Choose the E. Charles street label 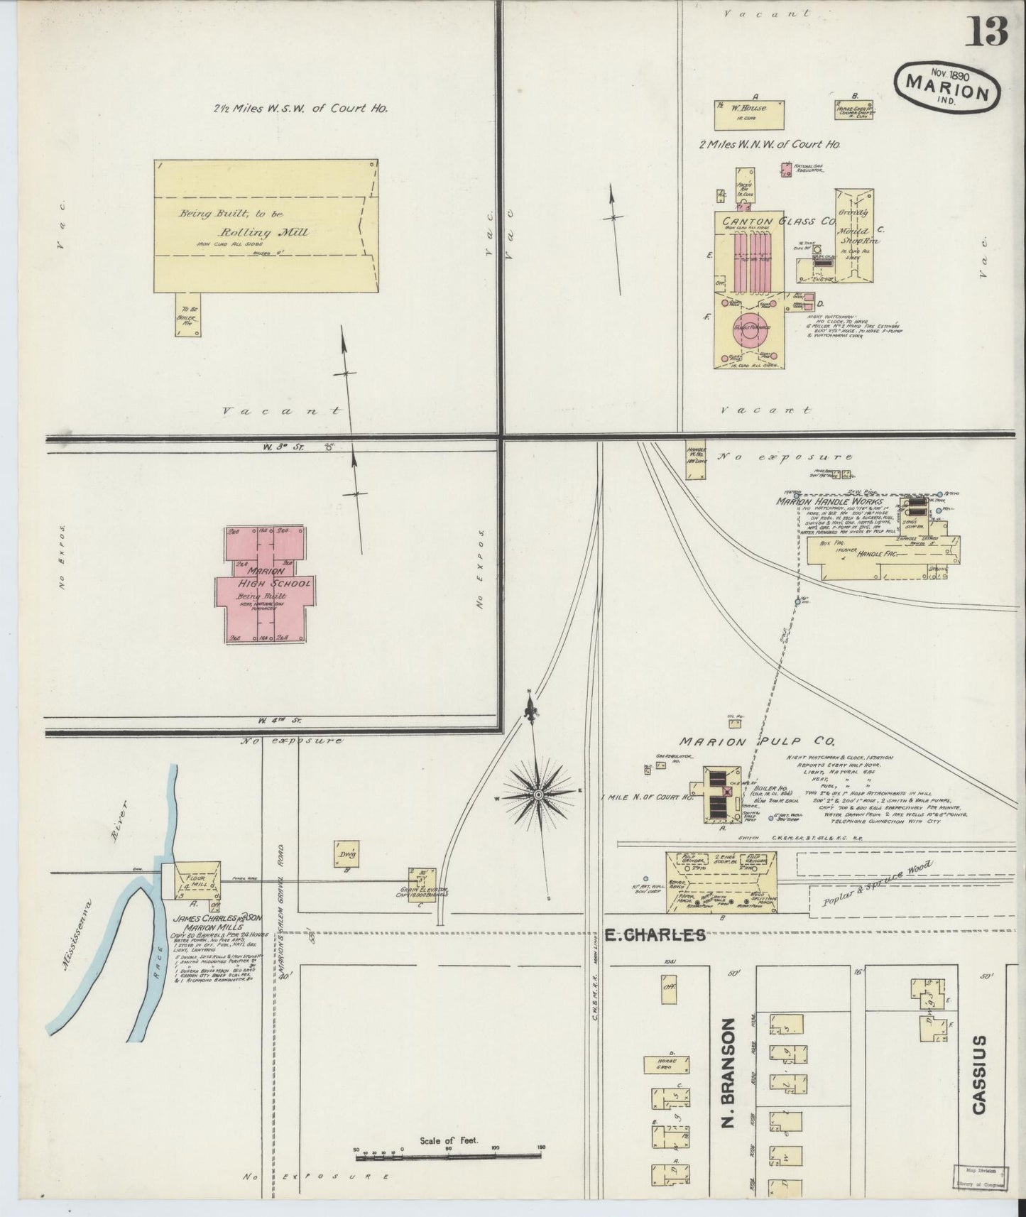(x=654, y=935)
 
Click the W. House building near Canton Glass (x=750, y=114)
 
